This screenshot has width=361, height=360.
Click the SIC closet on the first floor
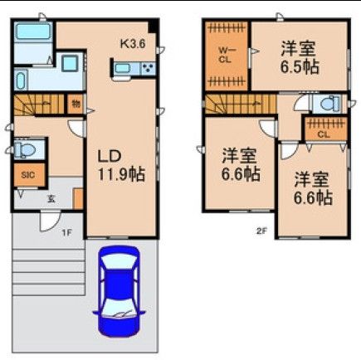[x=27, y=175]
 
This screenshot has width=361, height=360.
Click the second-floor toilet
[x=327, y=104]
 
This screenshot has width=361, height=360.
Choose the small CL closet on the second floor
[x=323, y=130]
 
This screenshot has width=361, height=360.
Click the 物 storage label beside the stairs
[x=75, y=105]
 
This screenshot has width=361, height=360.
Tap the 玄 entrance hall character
[x=51, y=198]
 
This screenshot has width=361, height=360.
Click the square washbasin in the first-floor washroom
[x=70, y=63]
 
